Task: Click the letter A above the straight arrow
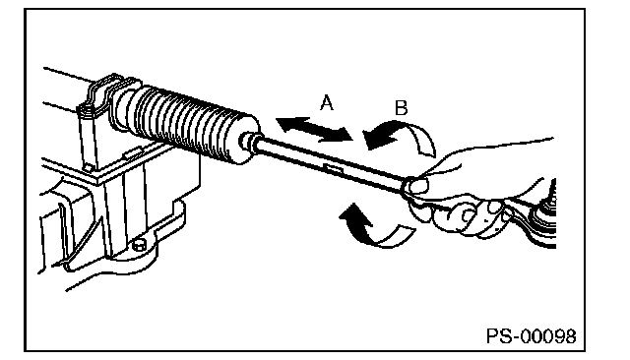[x=327, y=102]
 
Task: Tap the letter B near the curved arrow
[x=401, y=108]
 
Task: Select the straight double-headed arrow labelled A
[x=314, y=129]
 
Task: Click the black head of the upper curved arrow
[x=378, y=137]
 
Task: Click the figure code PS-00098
[x=532, y=336]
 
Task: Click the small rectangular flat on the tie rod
[x=334, y=168]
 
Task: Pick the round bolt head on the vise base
[x=139, y=244]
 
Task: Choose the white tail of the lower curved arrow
[x=396, y=236]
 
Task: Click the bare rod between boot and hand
[x=330, y=161]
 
